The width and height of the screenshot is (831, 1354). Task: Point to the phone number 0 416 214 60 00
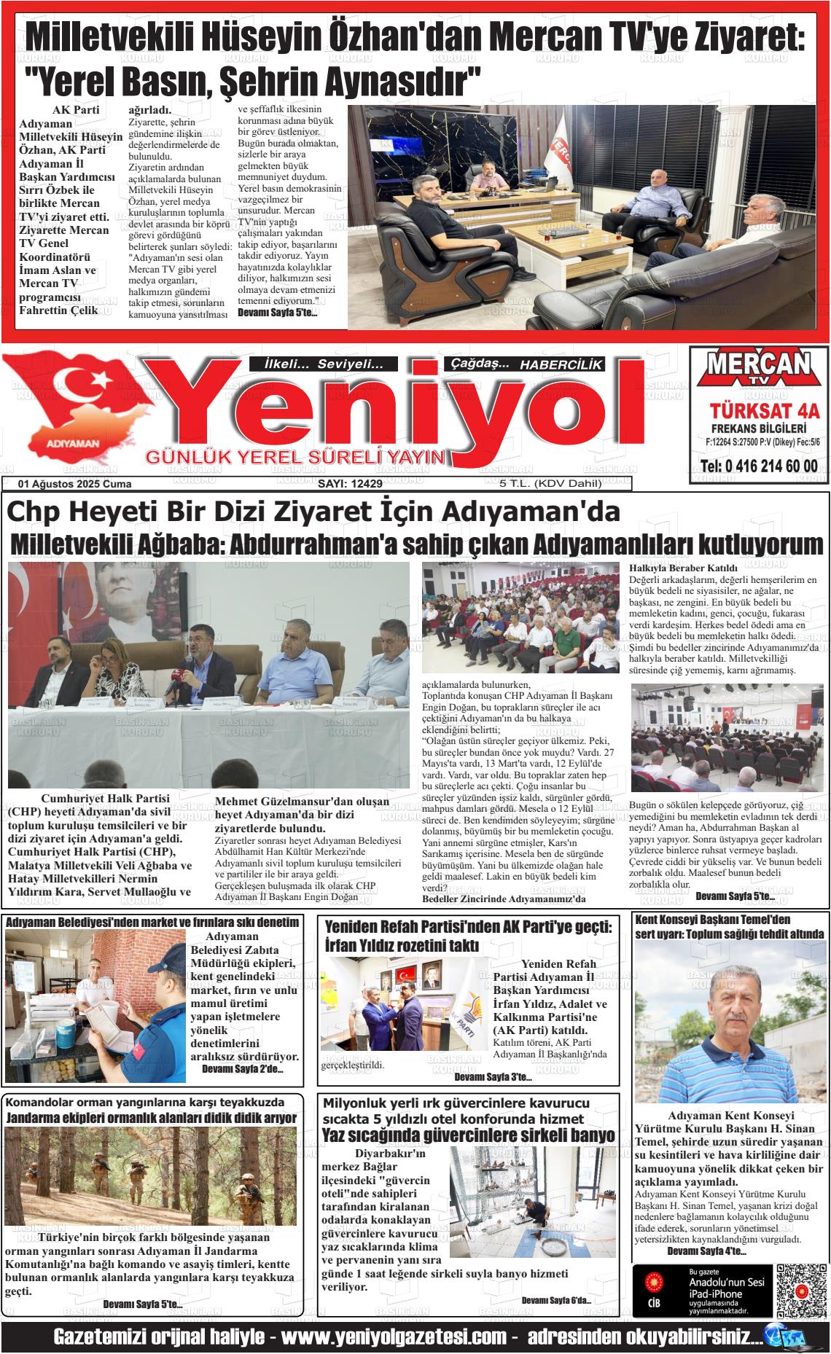tap(758, 466)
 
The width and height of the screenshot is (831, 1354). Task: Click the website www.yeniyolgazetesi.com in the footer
tap(394, 1337)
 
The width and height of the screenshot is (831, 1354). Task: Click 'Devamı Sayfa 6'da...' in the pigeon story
tap(556, 1301)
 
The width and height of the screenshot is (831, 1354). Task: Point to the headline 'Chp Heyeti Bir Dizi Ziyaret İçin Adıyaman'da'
tap(313, 512)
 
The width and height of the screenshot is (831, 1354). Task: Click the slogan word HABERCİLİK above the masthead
tap(561, 364)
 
